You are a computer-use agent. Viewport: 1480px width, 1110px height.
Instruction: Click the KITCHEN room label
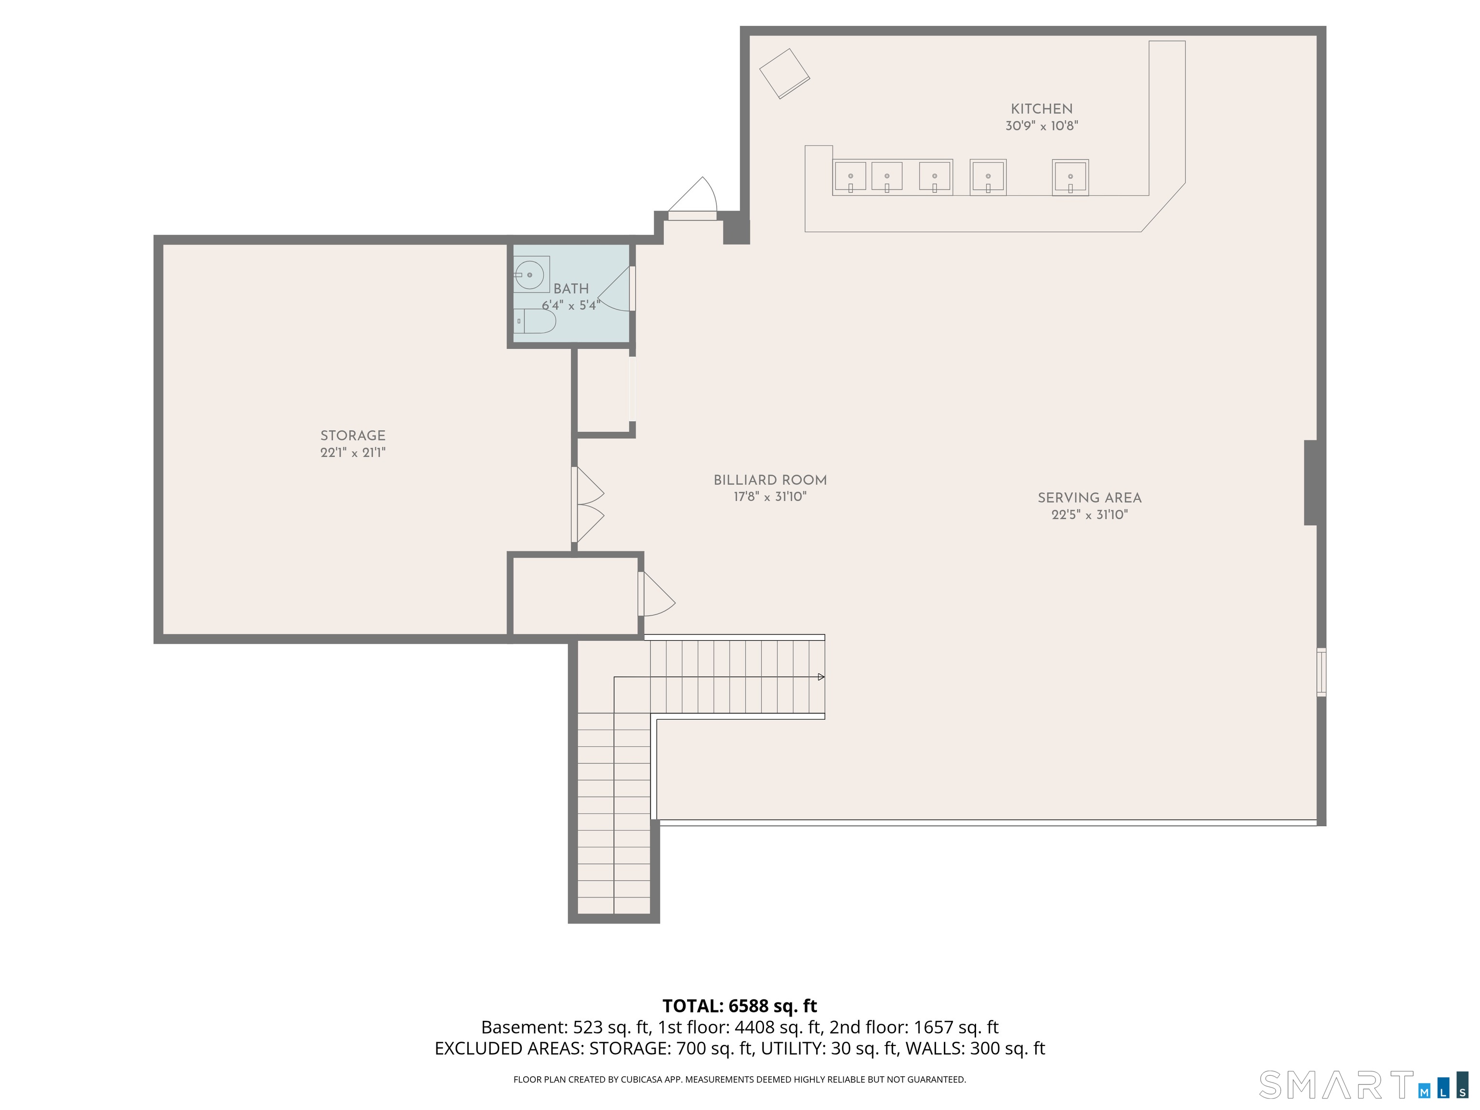[1041, 109]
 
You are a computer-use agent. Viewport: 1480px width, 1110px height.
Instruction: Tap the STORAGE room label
[353, 436]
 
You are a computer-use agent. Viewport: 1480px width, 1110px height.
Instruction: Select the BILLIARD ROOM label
[770, 480]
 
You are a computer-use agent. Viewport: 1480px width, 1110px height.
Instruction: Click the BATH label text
[571, 289]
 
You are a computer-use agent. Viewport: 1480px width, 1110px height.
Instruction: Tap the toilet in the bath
[535, 321]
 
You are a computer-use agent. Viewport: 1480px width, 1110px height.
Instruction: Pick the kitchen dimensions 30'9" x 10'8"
[1042, 126]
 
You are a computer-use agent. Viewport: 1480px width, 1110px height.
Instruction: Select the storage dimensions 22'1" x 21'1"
[353, 452]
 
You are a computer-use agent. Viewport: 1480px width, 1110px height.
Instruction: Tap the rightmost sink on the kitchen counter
[1070, 177]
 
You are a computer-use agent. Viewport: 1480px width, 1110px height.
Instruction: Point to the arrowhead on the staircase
[821, 677]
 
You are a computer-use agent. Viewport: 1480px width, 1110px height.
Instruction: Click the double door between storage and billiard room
[587, 504]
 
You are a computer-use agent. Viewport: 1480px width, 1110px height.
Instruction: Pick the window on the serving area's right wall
[1321, 673]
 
